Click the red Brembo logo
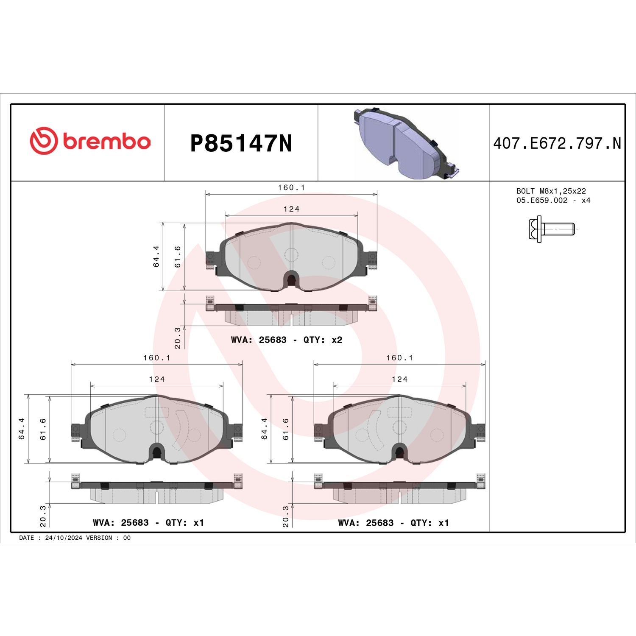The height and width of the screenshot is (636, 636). click(x=90, y=140)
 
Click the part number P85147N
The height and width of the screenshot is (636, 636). click(x=241, y=143)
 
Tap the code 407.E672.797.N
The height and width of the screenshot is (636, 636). click(x=557, y=143)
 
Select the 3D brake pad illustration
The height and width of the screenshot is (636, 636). click(x=406, y=143)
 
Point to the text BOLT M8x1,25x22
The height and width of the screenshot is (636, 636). click(x=551, y=191)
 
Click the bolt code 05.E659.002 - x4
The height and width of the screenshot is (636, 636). click(x=553, y=201)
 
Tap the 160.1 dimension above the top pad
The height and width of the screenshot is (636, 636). click(x=291, y=187)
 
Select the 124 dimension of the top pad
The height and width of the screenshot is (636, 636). click(x=291, y=209)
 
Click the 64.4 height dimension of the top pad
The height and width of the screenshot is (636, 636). click(x=156, y=256)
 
